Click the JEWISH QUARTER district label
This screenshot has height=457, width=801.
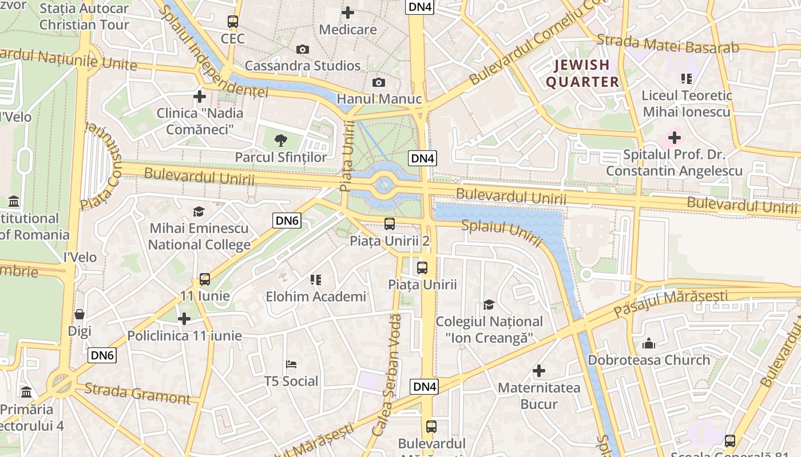[582, 74]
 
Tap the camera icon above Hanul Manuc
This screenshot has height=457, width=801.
[378, 83]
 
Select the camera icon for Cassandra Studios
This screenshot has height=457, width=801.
[303, 50]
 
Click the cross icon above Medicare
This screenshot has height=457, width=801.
[347, 13]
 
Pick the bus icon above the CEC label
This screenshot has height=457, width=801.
[232, 22]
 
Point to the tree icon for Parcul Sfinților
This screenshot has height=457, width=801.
[280, 140]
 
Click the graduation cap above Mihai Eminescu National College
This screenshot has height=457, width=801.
[199, 212]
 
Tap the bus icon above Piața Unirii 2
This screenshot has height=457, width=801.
[390, 224]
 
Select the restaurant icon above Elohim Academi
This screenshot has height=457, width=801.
[315, 280]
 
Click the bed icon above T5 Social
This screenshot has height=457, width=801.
[291, 364]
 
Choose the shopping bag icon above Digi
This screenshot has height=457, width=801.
[80, 314]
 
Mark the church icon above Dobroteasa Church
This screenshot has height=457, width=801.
[648, 343]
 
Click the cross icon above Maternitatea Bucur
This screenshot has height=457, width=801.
[538, 371]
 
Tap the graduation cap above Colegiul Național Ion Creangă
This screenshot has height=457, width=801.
[489, 304]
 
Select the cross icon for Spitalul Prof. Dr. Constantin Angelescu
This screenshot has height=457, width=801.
[674, 138]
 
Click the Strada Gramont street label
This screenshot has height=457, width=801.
[137, 393]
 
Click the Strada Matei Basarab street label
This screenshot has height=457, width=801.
[668, 45]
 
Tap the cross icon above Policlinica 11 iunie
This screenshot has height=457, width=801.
[184, 319]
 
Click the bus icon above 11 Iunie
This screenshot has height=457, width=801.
[204, 279]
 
